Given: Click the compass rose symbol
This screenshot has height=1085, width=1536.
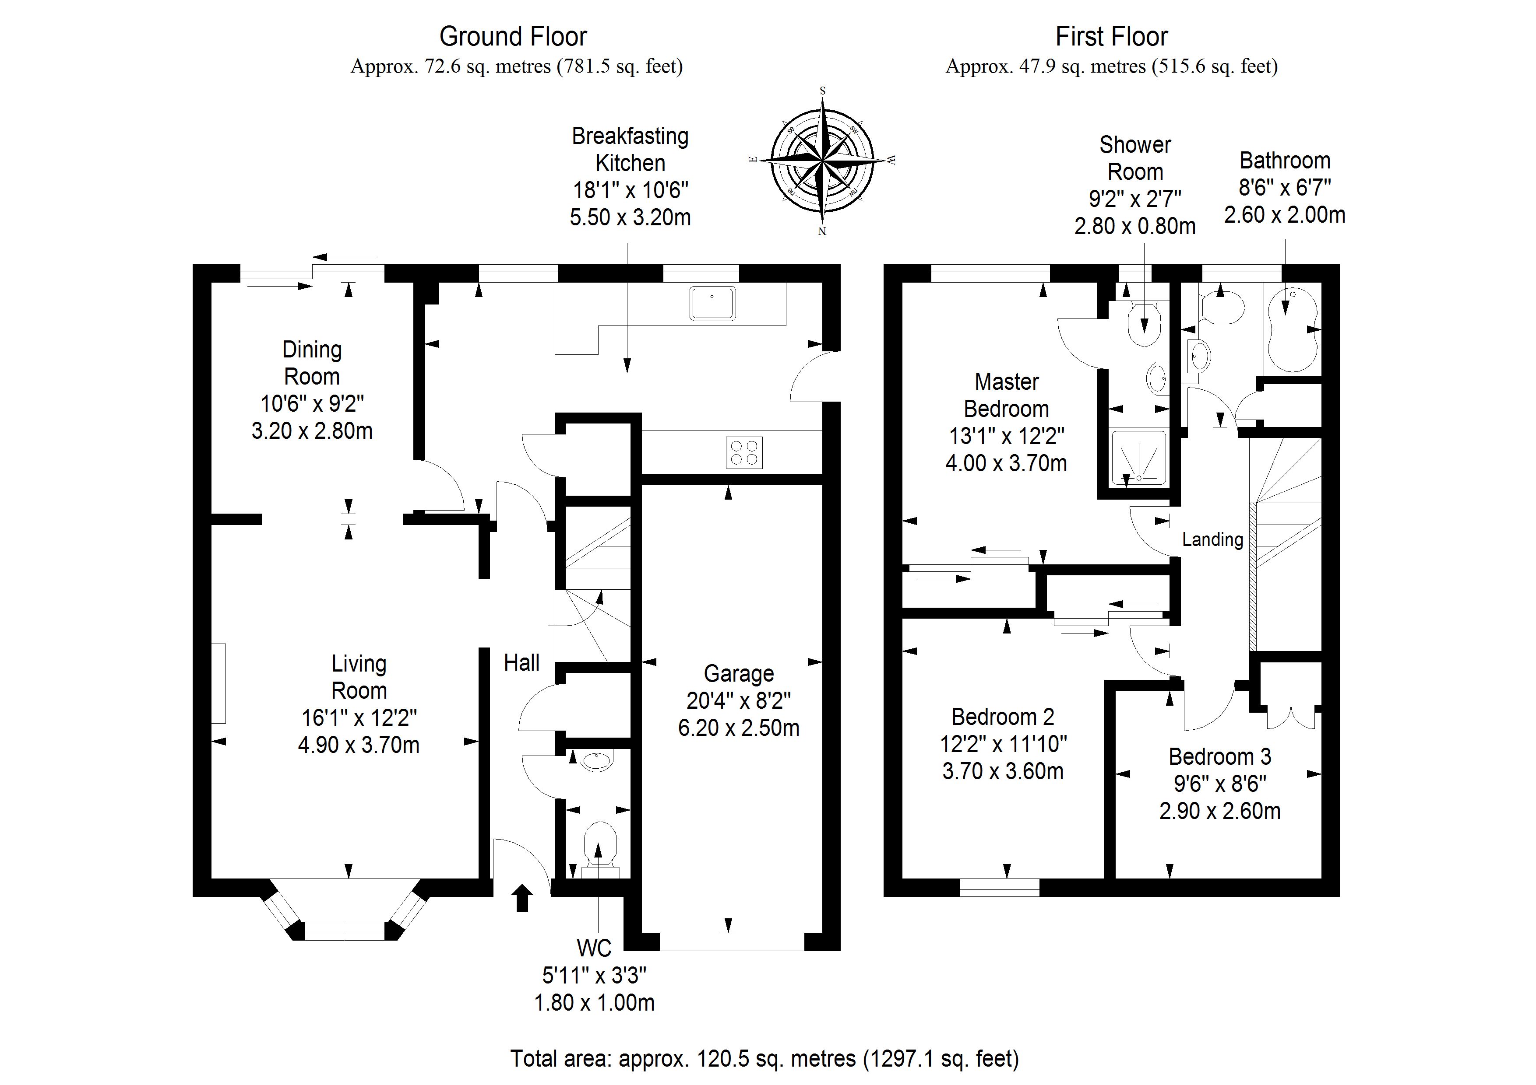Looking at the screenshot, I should pos(822,161).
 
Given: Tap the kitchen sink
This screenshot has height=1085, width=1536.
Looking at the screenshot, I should pos(712,303).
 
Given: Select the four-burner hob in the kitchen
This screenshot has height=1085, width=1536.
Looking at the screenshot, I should pos(744,452).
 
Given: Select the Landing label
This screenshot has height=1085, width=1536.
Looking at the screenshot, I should pos(1212,539).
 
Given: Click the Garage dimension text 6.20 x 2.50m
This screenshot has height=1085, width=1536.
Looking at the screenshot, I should pos(739,728).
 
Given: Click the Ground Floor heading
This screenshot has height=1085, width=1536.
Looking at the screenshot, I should pos(513,37).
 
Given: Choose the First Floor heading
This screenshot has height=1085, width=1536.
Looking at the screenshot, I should pos(1111,37).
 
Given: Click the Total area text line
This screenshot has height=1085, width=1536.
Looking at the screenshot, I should pos(764,1058).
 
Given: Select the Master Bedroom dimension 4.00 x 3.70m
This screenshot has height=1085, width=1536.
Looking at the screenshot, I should pos(1006,462).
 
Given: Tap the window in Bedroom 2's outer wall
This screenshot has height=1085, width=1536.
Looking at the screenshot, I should pos(1000,887).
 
